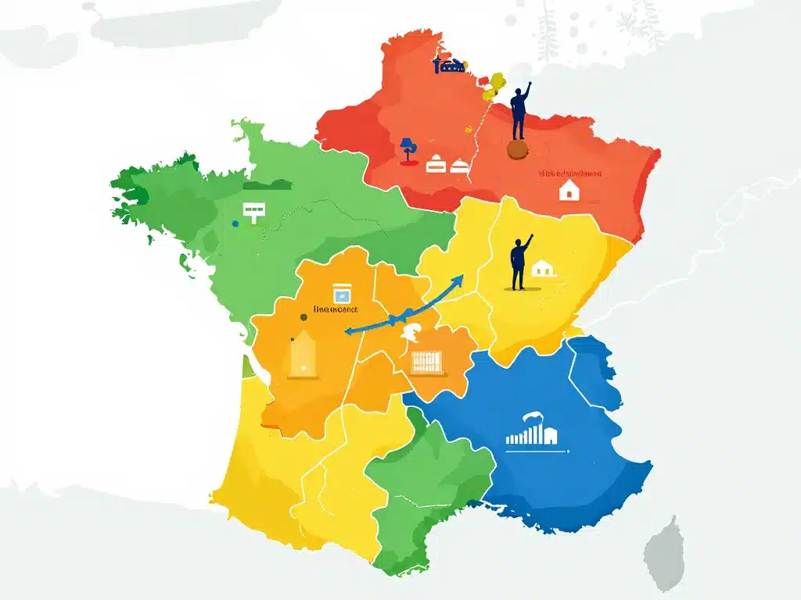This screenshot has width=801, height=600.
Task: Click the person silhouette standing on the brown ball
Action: (x=519, y=111)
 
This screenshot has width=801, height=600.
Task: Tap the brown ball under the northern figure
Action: (x=517, y=149)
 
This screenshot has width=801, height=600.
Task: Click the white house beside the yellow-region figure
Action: (x=544, y=269)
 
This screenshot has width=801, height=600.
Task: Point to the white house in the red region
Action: (x=569, y=190)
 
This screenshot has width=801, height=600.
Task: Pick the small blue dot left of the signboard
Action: (x=235, y=223)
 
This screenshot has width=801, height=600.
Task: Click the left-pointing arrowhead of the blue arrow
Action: (x=348, y=330)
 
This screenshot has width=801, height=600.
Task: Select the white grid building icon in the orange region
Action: (x=426, y=360)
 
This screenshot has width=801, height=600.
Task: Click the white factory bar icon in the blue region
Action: (x=532, y=434)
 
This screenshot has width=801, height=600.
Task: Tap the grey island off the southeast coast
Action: (x=664, y=552)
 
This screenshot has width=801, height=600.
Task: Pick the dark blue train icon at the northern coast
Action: (x=449, y=66)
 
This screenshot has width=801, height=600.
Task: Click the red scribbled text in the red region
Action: (x=569, y=173)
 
